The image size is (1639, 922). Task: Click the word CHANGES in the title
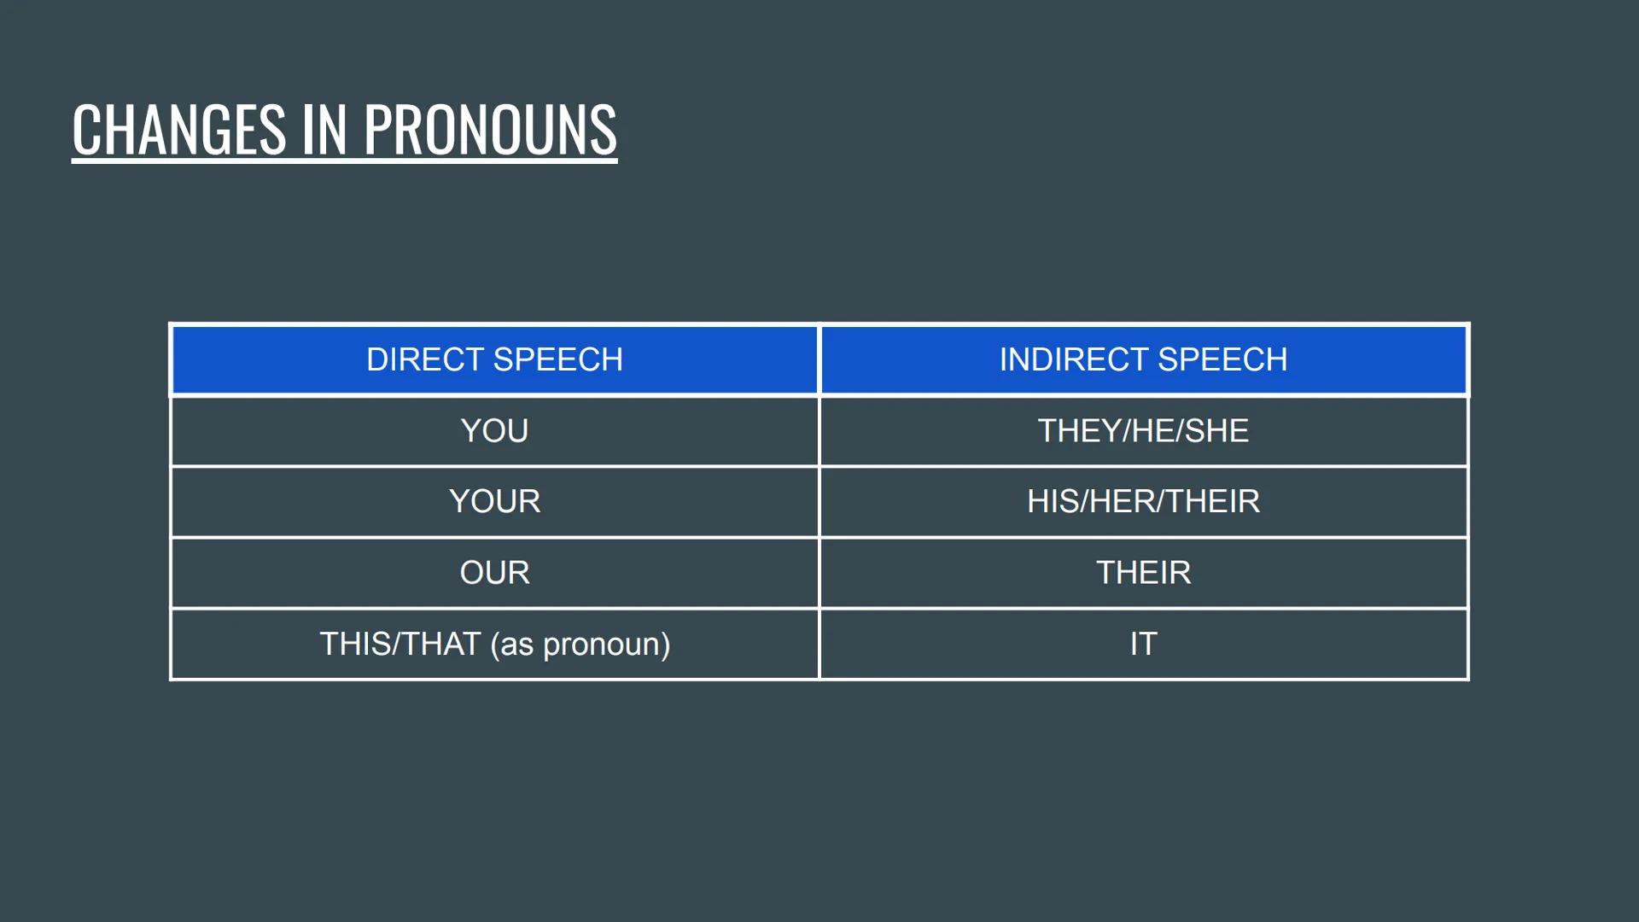pyautogui.click(x=178, y=130)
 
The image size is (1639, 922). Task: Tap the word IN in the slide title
pyautogui.click(x=324, y=130)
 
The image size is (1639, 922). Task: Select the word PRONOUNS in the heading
pyautogui.click(x=490, y=130)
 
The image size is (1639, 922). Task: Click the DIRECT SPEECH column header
pyautogui.click(x=494, y=359)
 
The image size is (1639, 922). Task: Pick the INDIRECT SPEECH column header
pyautogui.click(x=1143, y=359)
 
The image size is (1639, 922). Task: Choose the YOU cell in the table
pyautogui.click(x=494, y=431)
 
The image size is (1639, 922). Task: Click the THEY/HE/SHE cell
pyautogui.click(x=1143, y=431)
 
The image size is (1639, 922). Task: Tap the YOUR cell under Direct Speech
pyautogui.click(x=494, y=502)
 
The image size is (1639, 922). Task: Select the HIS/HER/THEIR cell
pyautogui.click(x=1143, y=502)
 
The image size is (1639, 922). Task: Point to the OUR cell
pyautogui.click(x=494, y=573)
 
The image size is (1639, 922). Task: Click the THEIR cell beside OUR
pyautogui.click(x=1143, y=573)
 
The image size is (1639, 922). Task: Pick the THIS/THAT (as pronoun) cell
pyautogui.click(x=494, y=645)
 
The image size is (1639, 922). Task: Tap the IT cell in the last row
pyautogui.click(x=1143, y=645)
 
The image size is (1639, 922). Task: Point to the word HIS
pyautogui.click(x=1052, y=502)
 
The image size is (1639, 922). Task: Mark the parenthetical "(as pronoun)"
pyautogui.click(x=580, y=645)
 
